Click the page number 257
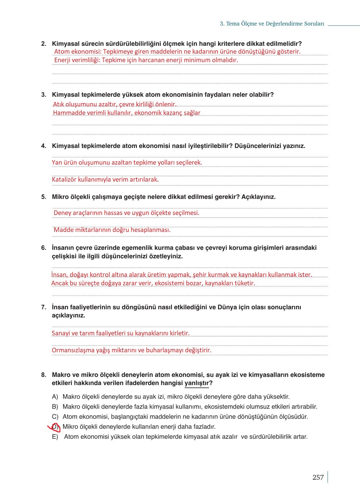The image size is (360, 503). (318, 478)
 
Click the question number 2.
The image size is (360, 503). (44, 44)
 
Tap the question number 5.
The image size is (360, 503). (44, 197)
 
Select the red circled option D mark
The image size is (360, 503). (55, 427)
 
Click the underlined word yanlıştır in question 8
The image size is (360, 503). (197, 383)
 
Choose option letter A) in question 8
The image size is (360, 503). (55, 397)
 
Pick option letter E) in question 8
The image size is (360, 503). (55, 437)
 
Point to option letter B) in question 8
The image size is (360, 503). (55, 407)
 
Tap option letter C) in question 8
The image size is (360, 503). (55, 417)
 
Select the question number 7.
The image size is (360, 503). (44, 307)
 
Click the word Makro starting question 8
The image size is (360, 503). (62, 375)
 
